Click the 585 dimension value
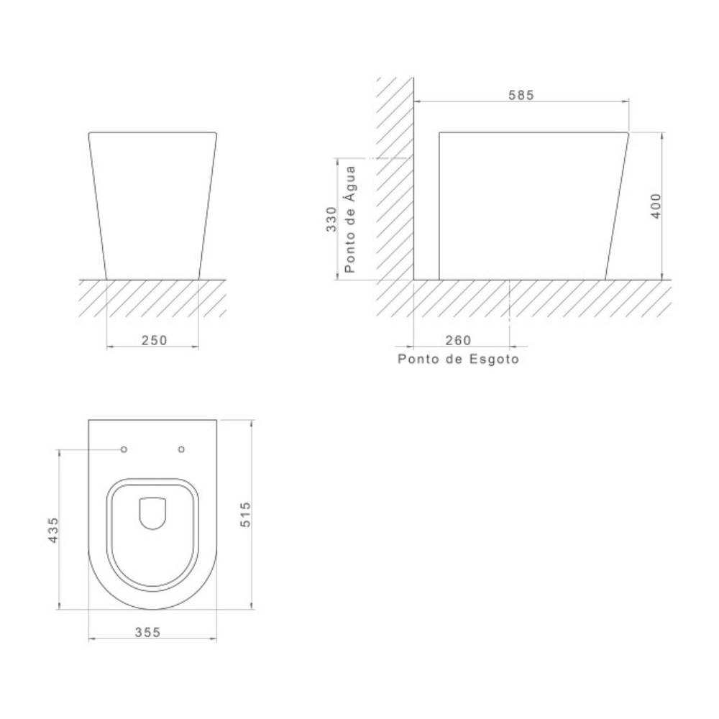(x=521, y=95)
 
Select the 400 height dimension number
(x=656, y=206)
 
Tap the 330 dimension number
(x=331, y=219)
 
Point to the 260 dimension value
(x=458, y=340)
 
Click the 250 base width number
(x=155, y=340)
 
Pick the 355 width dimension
(x=147, y=632)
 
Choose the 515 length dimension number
(x=246, y=514)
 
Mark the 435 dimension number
(x=54, y=530)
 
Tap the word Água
(x=350, y=183)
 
